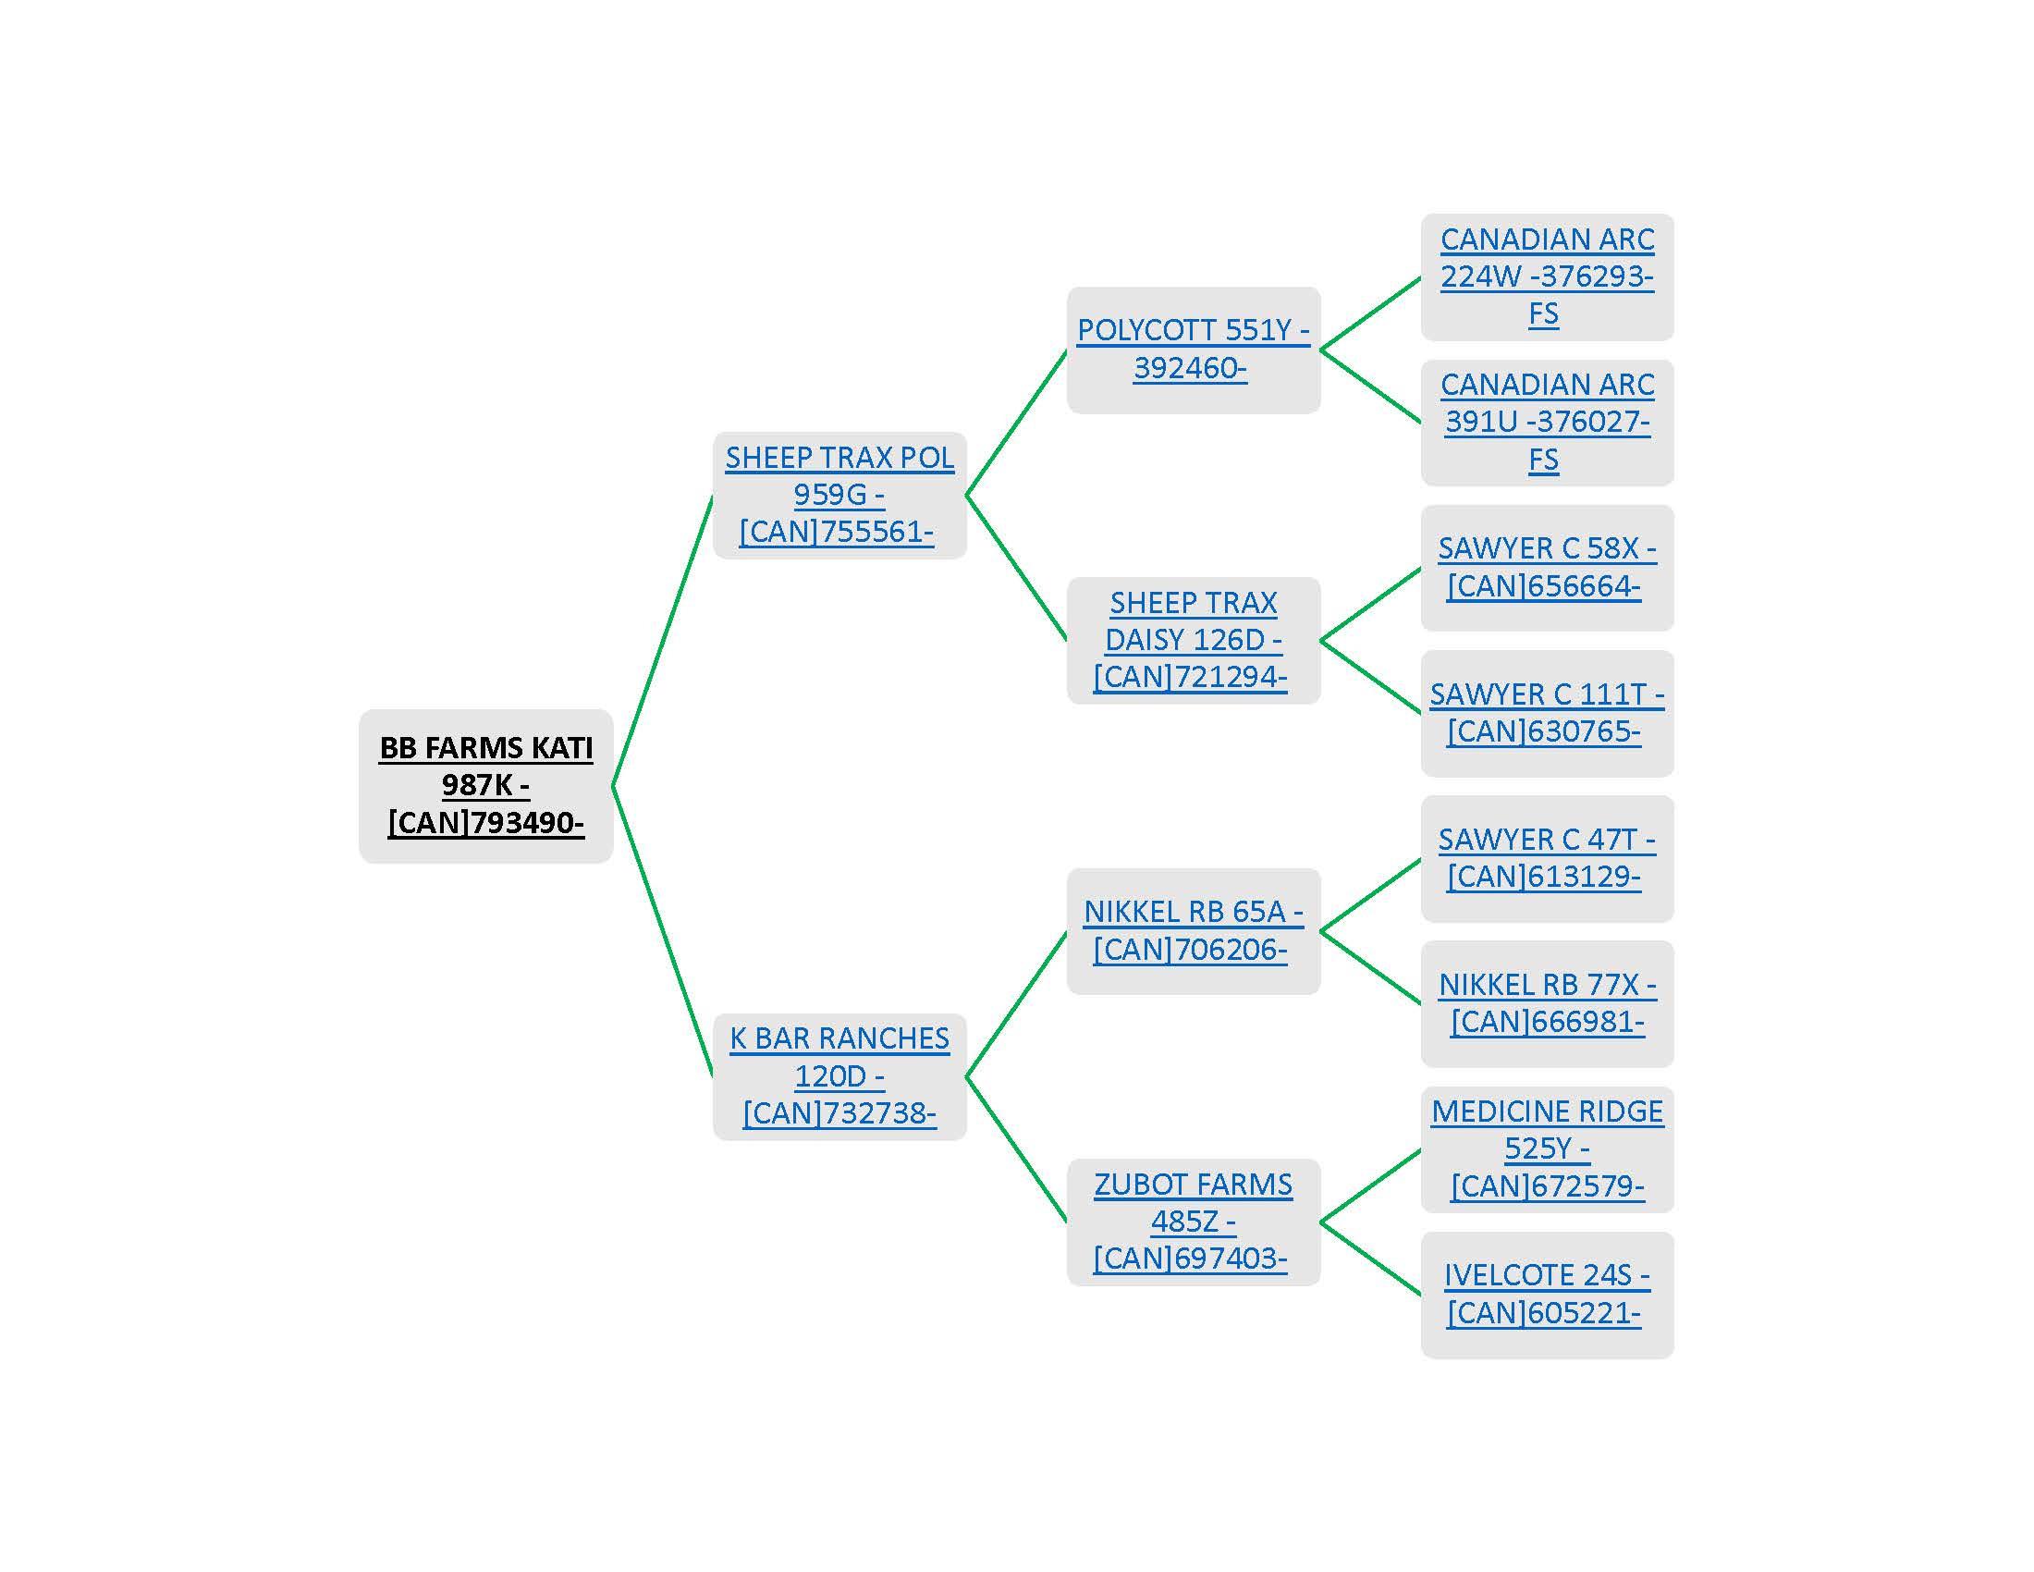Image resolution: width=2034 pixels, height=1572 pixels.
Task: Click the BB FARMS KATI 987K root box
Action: (485, 785)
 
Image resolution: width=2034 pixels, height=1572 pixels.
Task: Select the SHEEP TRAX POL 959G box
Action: (839, 495)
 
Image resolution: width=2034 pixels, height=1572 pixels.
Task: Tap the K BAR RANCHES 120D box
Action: (839, 1075)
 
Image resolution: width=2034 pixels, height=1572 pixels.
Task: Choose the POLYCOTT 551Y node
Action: (1193, 350)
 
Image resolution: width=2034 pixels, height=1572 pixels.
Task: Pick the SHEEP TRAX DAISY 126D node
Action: (1193, 640)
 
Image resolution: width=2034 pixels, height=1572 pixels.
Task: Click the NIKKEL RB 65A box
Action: (1193, 930)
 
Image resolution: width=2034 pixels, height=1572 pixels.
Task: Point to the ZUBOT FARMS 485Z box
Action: (1193, 1221)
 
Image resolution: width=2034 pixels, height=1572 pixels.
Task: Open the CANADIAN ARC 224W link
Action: (1547, 276)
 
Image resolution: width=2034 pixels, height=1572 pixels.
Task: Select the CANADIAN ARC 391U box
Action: (1547, 422)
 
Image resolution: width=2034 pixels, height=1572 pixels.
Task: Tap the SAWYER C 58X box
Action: (1547, 567)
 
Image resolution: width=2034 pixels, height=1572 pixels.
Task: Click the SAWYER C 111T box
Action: (1547, 712)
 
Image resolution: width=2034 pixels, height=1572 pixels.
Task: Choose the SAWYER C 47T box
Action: (1547, 858)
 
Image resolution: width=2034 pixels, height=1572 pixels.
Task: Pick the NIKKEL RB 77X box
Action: (1547, 1003)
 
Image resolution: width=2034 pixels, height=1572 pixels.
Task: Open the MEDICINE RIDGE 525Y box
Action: (1547, 1148)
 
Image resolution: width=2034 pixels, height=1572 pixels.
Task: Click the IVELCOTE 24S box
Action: (1547, 1294)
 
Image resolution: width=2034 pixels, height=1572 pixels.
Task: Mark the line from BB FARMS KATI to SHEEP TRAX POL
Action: (662, 641)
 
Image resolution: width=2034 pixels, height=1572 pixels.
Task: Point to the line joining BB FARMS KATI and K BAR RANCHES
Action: (662, 931)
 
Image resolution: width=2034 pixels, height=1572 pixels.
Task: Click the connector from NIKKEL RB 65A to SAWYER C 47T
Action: (1370, 895)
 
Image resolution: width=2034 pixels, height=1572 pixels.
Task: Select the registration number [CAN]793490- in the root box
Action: (485, 823)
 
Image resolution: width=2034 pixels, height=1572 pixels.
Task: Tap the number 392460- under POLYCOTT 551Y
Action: (1189, 368)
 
